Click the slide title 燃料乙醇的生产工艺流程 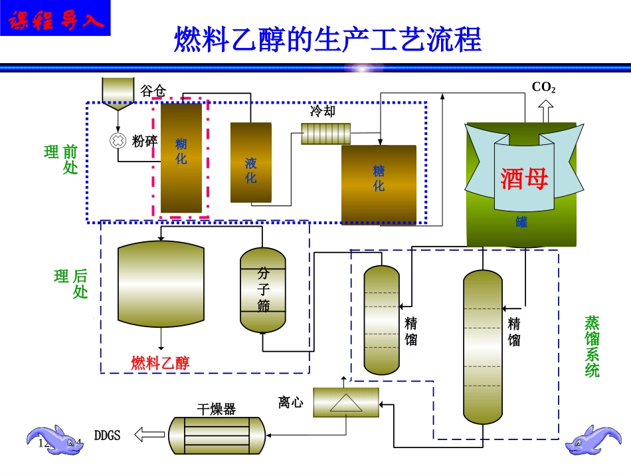(x=327, y=40)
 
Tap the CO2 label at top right (x=543, y=88)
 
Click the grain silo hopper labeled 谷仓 (x=118, y=92)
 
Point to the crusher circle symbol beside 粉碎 (x=118, y=140)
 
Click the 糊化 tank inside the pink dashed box (x=181, y=156)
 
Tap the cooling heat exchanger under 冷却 (x=325, y=134)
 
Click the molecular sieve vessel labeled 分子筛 (x=262, y=291)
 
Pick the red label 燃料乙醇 (x=160, y=363)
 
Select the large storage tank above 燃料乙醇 (x=161, y=283)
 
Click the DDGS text (x=108, y=436)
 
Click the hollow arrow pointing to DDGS (x=149, y=435)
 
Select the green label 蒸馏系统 (x=592, y=346)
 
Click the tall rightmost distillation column (x=483, y=346)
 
